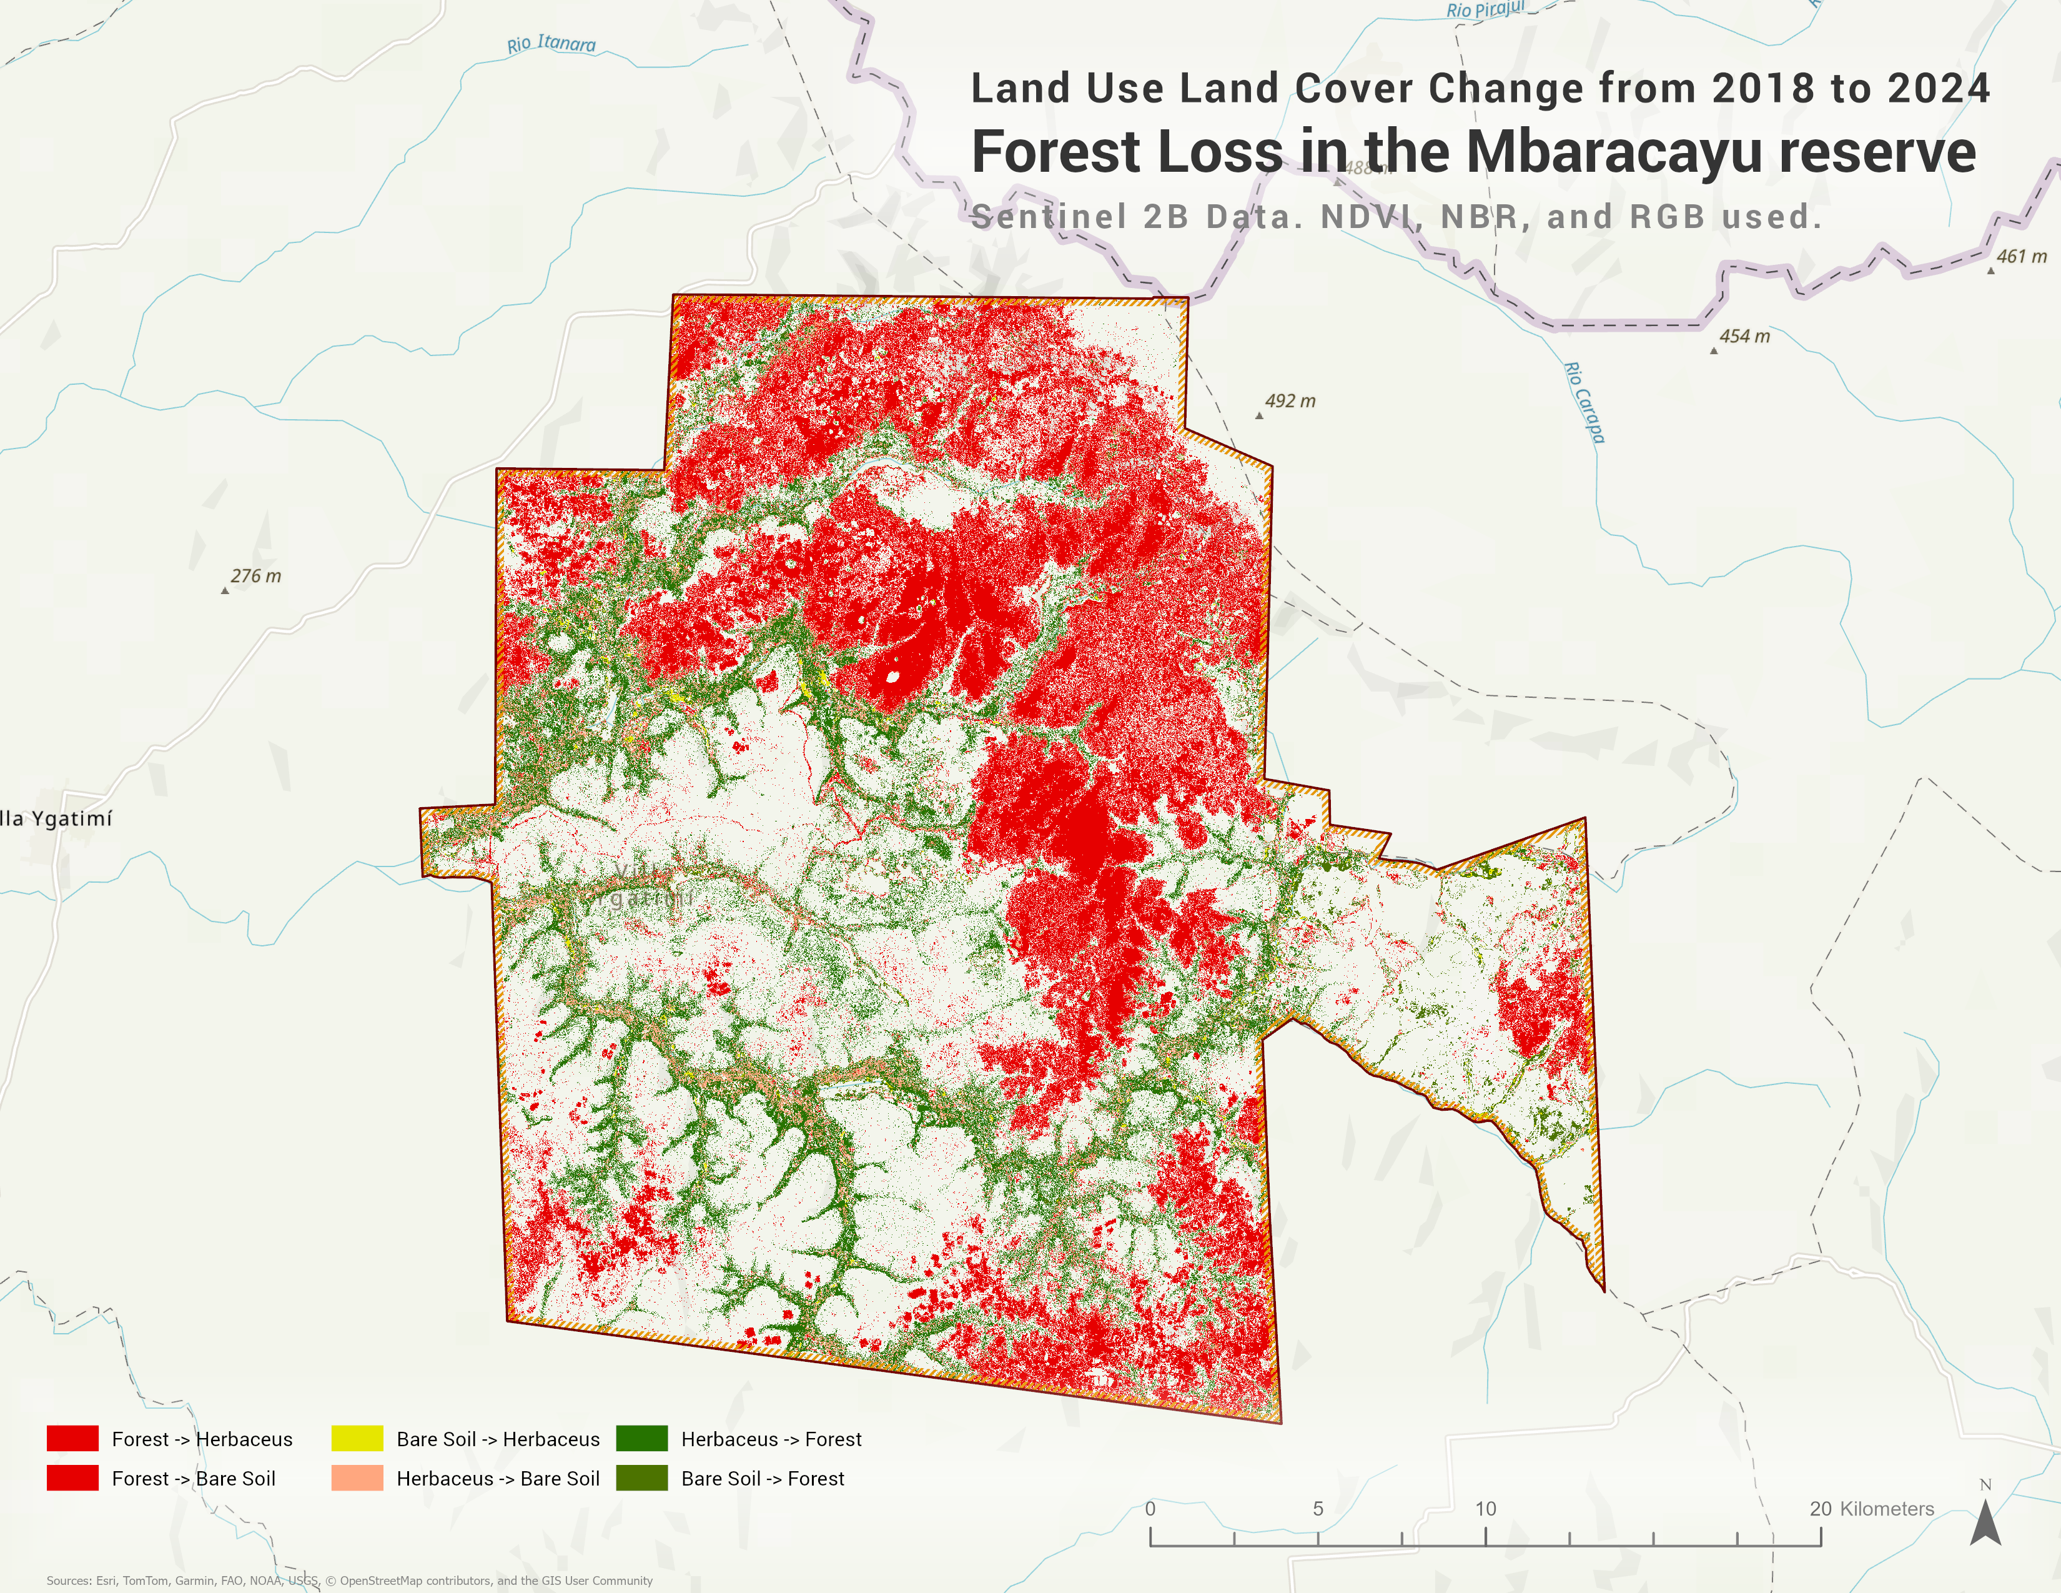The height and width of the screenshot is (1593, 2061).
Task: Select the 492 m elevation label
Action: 1289,401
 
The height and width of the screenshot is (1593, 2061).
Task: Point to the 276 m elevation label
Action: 255,576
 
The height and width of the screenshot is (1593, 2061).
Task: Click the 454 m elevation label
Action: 1744,336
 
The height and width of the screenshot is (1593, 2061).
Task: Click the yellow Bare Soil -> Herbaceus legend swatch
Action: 357,1438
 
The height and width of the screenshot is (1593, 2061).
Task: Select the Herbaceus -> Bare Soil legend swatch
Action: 357,1478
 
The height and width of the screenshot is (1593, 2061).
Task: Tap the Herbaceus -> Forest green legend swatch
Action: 641,1438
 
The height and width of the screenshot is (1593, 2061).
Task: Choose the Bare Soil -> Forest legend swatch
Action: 641,1478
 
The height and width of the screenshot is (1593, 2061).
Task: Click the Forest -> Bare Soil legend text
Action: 194,1479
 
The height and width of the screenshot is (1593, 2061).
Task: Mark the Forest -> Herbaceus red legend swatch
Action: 72,1438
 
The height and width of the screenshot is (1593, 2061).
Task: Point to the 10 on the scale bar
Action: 1485,1508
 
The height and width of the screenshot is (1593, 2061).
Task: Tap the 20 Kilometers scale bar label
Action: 1871,1508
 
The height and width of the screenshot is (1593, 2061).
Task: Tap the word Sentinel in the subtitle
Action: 1049,217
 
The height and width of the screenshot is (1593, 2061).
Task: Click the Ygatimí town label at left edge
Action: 57,818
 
